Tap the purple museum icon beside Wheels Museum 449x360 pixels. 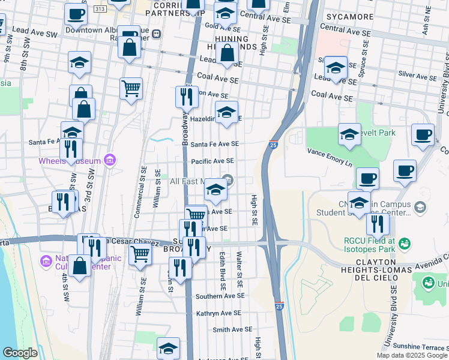[x=109, y=160]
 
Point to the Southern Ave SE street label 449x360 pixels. [x=220, y=296]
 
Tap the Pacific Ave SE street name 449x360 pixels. [x=212, y=161]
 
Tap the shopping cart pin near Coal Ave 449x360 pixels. [x=131, y=89]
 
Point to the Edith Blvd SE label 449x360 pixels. [x=223, y=271]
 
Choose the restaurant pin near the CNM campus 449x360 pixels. [x=378, y=224]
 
